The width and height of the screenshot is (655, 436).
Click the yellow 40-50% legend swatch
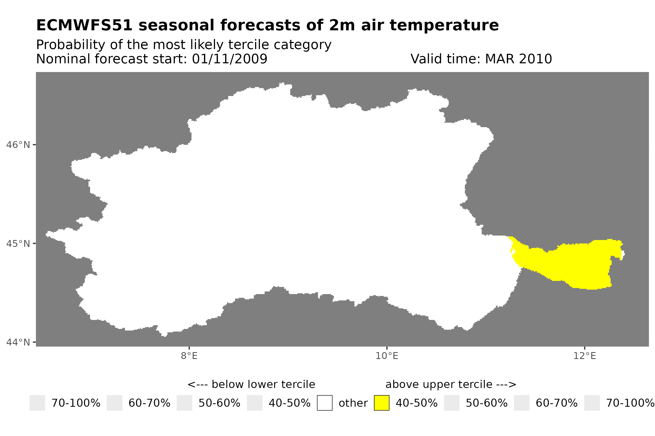381,403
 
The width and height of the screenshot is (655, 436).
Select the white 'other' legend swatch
325,403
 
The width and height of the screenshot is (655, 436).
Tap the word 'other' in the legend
353,403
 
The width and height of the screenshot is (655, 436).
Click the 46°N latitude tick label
18,145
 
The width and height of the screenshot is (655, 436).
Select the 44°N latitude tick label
18,342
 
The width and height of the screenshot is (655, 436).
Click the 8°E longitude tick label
189,356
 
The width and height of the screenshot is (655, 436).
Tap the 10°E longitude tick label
387,356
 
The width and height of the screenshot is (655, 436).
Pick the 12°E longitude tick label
584,356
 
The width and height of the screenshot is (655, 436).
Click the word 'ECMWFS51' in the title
84,25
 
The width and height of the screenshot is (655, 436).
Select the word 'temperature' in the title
444,25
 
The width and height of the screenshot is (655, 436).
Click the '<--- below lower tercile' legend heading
251,384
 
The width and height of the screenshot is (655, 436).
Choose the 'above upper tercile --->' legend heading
451,384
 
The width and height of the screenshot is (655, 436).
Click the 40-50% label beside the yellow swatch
417,403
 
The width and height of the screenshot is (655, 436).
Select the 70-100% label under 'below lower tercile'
76,403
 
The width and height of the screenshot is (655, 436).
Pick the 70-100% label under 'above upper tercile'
630,403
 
